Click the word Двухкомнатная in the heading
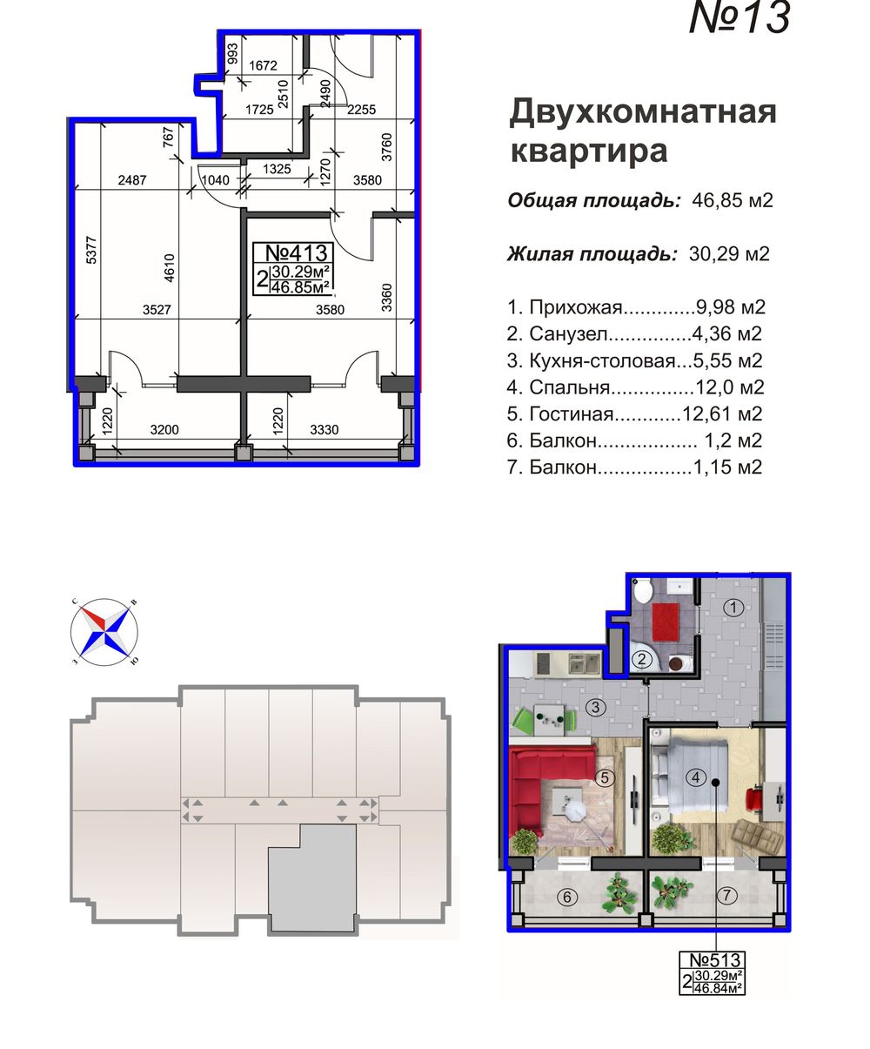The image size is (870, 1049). (642, 112)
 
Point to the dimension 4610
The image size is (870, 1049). (171, 271)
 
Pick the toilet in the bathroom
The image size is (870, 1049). (643, 593)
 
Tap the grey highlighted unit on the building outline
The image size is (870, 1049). (311, 879)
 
